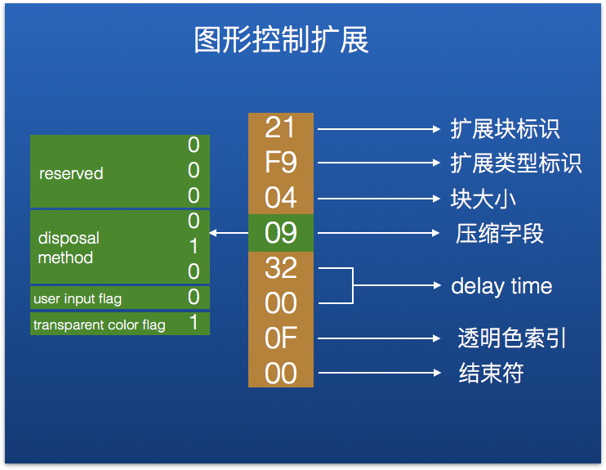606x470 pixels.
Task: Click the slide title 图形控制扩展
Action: tap(281, 40)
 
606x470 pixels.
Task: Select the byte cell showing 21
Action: tap(281, 128)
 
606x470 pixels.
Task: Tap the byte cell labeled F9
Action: tap(281, 163)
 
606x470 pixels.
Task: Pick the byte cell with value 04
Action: tap(281, 198)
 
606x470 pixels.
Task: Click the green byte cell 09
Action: tap(281, 233)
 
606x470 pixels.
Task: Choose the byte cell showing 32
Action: tap(281, 268)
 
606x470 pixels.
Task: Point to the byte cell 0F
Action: tap(281, 338)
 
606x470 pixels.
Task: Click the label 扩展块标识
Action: tap(505, 129)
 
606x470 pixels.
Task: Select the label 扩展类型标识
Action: tap(516, 163)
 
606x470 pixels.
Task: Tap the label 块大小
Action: tap(483, 199)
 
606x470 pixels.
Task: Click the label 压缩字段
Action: tap(500, 234)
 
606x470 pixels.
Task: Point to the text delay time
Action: tap(501, 286)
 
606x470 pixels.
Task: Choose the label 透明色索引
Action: tap(512, 338)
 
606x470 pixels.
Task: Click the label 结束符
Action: tap(491, 374)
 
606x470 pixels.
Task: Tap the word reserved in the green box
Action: tap(71, 173)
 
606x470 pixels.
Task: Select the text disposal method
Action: tap(69, 248)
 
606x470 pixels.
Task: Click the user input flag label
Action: tap(78, 299)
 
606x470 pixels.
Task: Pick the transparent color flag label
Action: tap(99, 325)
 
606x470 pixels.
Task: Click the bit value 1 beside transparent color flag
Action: tap(194, 323)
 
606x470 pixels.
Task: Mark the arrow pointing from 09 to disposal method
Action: tap(229, 234)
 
